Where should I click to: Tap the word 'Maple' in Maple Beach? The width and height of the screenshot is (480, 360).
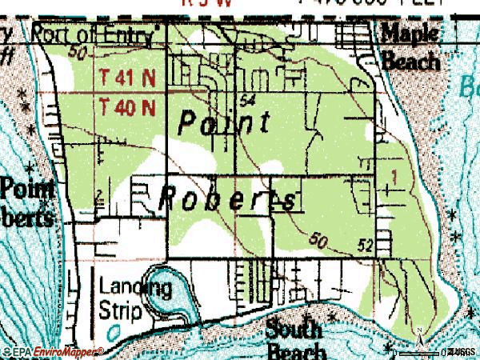410,33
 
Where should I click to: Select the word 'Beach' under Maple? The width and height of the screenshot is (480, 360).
410,60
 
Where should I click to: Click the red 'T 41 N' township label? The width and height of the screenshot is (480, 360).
128,78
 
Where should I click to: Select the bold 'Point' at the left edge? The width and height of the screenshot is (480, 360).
27,189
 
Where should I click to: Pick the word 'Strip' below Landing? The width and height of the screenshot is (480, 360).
122,310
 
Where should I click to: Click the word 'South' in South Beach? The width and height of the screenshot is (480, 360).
294,328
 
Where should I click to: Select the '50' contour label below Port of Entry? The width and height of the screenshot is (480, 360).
78,53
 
